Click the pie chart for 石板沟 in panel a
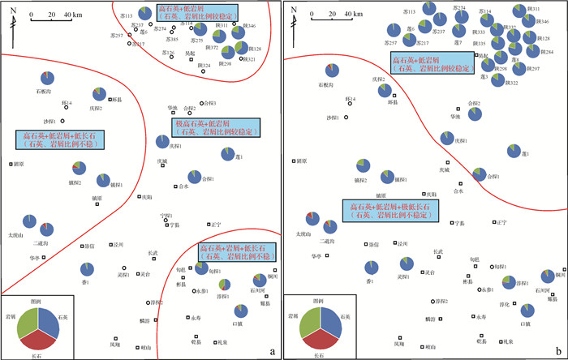[46, 78]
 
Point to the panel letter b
[557, 350]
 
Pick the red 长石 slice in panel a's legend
[37, 340]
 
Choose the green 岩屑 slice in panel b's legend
[310, 322]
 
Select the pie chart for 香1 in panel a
[86, 269]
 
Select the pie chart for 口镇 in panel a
[240, 310]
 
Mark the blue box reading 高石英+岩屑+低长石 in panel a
[236, 251]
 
